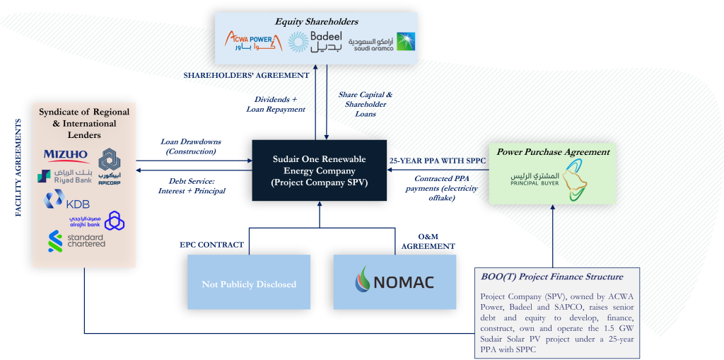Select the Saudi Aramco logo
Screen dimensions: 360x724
click(x=382, y=42)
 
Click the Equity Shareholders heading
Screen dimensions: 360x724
click(x=316, y=21)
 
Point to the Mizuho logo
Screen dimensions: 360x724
click(x=66, y=155)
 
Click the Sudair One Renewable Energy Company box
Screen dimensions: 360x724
click(x=319, y=170)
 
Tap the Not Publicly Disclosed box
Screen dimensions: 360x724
click(x=249, y=284)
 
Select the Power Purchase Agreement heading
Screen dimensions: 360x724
click(x=552, y=151)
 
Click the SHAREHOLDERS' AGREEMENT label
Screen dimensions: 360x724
click(x=246, y=75)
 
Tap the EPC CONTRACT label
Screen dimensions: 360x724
click(x=212, y=245)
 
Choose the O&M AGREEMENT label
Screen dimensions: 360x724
click(x=428, y=241)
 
